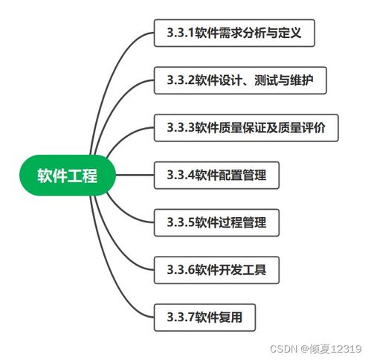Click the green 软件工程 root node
point(68,176)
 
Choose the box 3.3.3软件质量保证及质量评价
point(251,128)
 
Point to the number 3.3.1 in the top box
point(175,33)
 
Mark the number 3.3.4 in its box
point(175,176)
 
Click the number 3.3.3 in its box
point(175,128)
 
